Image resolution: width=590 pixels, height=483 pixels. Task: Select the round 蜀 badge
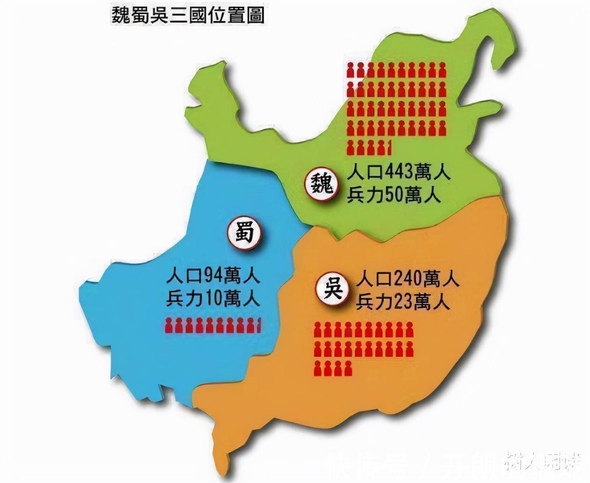point(244,233)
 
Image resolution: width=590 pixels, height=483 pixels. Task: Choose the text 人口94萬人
point(213,276)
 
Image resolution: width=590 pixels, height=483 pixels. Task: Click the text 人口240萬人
point(407,280)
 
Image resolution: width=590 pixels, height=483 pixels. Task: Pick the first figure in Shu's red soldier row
point(169,325)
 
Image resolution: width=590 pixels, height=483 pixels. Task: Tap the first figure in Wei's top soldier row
point(350,70)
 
